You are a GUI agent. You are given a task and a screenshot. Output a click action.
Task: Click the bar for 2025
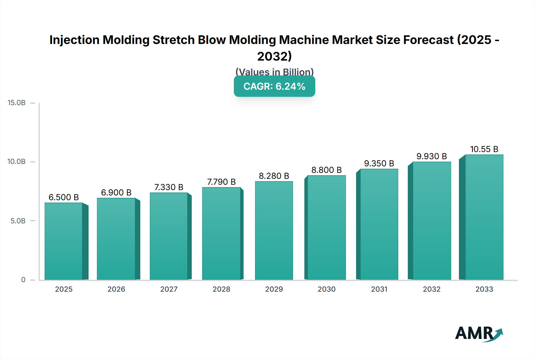(64, 241)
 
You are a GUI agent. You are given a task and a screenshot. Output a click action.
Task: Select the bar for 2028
(221, 233)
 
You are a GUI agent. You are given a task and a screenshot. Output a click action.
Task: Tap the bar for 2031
(379, 224)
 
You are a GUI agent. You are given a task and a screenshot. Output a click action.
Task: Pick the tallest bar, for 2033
(484, 217)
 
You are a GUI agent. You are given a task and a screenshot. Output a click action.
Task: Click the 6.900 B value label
(116, 192)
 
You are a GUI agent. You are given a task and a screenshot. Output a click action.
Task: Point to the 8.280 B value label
(274, 176)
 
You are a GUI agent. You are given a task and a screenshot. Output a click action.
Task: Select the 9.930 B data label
(432, 156)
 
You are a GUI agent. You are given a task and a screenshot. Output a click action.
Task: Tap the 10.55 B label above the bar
(484, 149)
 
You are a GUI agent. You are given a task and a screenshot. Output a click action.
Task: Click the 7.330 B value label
(169, 187)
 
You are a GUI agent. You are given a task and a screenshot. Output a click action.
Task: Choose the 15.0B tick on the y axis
(17, 103)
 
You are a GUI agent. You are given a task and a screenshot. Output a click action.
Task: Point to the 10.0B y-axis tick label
(17, 162)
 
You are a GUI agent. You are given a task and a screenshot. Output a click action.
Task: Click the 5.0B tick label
(18, 221)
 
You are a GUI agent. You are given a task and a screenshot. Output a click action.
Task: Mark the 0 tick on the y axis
(23, 280)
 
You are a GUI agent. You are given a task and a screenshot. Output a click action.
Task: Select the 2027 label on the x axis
(169, 289)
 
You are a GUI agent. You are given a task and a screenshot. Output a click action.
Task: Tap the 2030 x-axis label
(326, 289)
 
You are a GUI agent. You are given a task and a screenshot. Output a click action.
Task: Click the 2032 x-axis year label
(432, 289)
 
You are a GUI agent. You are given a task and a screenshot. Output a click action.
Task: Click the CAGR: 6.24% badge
(274, 86)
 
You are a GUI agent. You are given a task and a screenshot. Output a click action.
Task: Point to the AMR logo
(479, 333)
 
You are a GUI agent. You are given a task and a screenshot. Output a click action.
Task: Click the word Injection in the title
(74, 40)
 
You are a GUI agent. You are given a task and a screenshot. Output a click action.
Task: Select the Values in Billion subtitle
(274, 72)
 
